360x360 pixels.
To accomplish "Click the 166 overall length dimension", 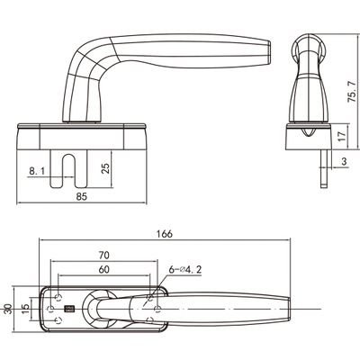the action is point(165,234).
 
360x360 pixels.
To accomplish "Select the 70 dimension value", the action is point(104,256).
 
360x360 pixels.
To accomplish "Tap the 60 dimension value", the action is point(103,270).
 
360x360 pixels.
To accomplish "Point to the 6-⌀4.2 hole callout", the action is point(184,270).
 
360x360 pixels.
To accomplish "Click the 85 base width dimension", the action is point(82,196).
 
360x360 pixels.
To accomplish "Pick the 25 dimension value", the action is point(105,168).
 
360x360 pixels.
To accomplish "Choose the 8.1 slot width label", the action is point(37,171).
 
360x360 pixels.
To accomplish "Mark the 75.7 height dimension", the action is point(352,91).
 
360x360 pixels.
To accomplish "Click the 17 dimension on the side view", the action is point(342,136).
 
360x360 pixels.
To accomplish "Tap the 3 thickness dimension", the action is point(344,161).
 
